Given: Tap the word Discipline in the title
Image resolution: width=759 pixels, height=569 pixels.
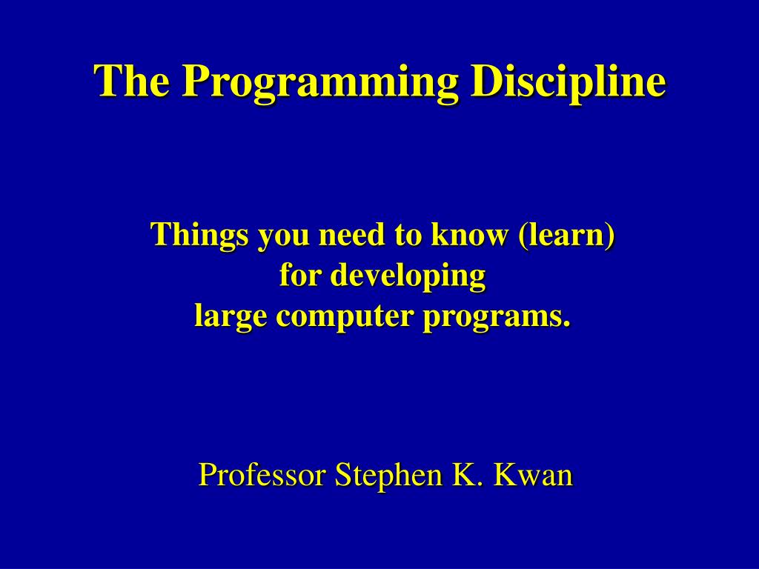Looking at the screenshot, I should pyautogui.click(x=569, y=81).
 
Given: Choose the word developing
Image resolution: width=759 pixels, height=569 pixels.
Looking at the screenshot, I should pyautogui.click(x=408, y=277).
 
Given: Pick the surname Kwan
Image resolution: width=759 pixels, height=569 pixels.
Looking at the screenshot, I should pyautogui.click(x=534, y=474).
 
